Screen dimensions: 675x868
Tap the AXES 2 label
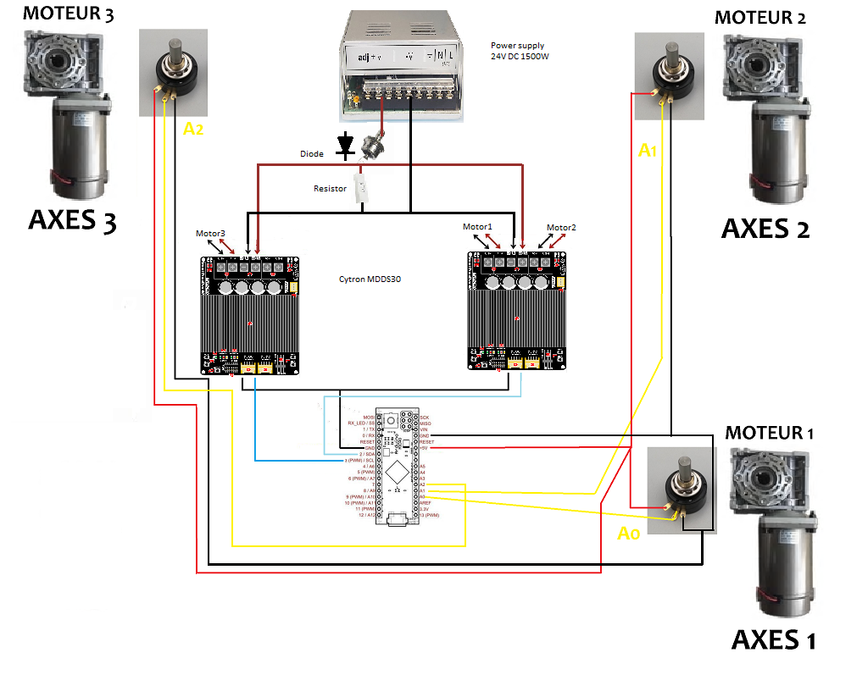(x=765, y=229)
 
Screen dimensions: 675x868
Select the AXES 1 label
(x=773, y=639)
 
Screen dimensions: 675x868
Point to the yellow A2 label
(x=194, y=129)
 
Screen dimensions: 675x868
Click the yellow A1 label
(x=648, y=151)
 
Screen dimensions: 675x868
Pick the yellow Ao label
(x=628, y=534)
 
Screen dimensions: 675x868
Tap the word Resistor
(x=330, y=188)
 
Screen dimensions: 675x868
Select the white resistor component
(x=363, y=187)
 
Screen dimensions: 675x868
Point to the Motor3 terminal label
(x=210, y=234)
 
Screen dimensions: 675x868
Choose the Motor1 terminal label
(x=477, y=227)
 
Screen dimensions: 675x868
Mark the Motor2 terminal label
(x=561, y=228)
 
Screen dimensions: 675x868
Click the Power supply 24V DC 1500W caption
(x=518, y=51)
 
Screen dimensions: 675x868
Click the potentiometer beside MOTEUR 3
(x=173, y=73)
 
